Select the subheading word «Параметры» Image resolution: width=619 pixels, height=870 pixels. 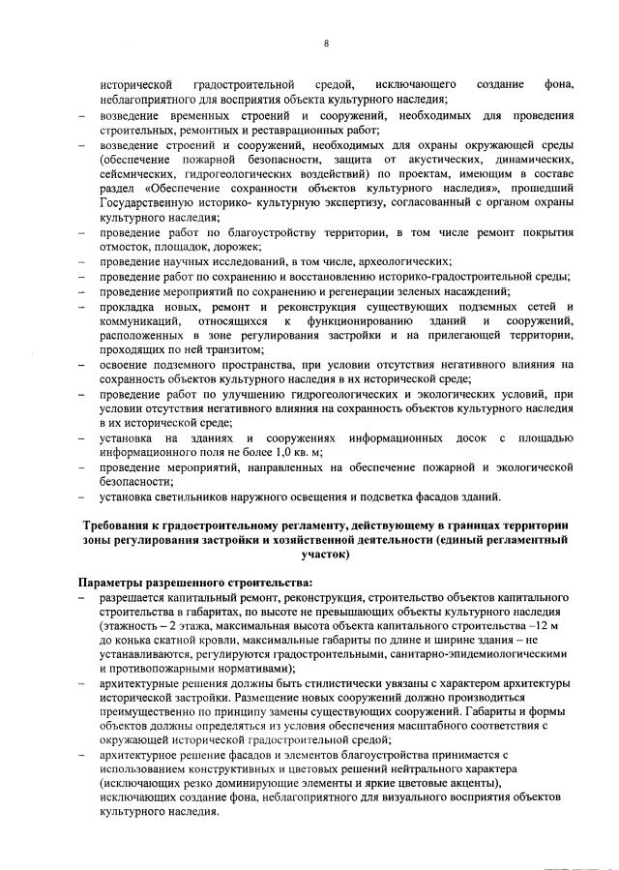(x=118, y=585)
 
